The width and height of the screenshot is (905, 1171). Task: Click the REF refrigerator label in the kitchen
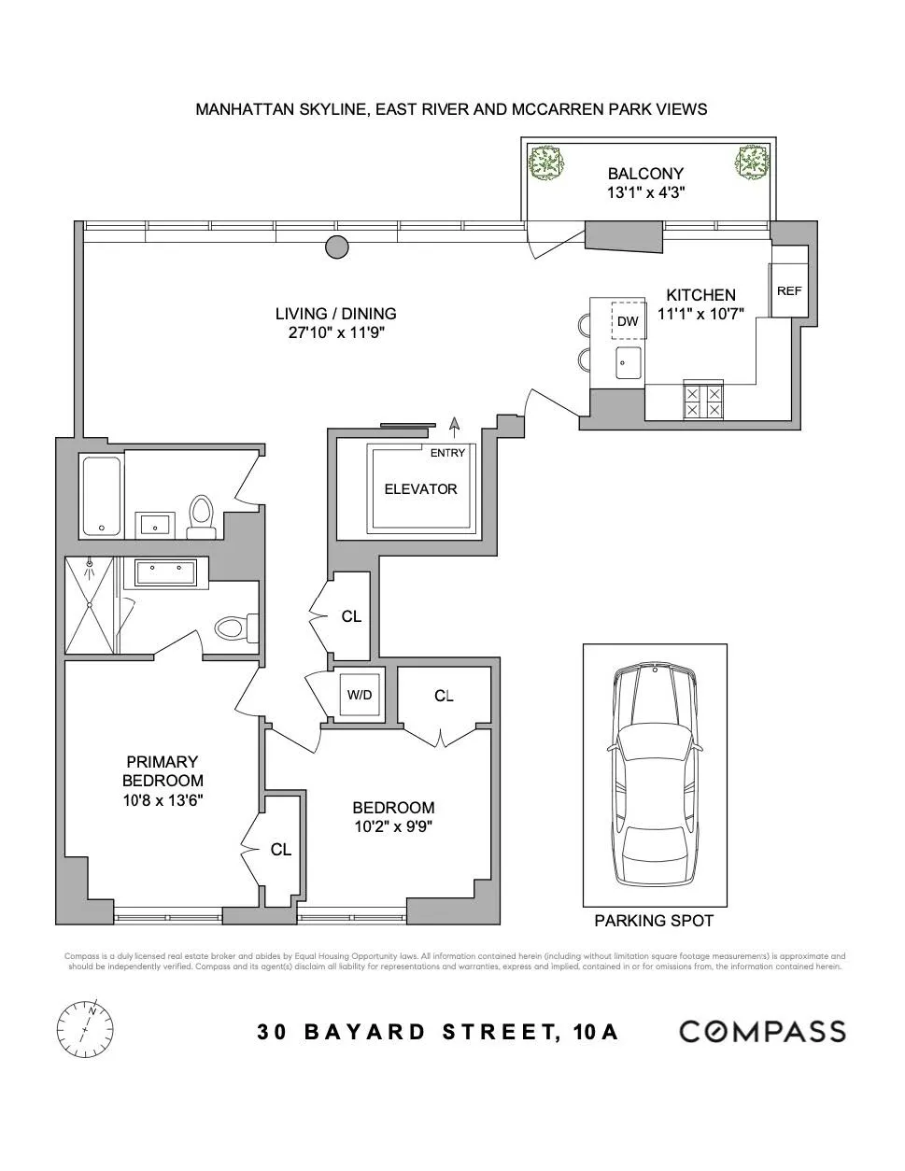tap(788, 291)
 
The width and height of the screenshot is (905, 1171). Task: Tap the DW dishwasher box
tap(628, 321)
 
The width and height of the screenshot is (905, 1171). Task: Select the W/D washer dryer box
tap(360, 695)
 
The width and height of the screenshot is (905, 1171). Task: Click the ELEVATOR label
tap(420, 489)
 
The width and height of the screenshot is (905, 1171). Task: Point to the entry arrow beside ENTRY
tap(455, 427)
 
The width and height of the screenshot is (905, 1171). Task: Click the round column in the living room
tap(336, 247)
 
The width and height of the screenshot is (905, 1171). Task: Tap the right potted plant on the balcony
tap(751, 163)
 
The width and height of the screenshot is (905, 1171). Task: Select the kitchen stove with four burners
tap(703, 401)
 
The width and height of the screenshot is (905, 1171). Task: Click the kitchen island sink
tap(628, 362)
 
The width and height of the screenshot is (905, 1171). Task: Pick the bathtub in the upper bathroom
tap(101, 496)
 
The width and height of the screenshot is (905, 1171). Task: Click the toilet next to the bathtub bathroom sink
tap(202, 516)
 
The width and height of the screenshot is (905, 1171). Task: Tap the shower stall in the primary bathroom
tap(91, 605)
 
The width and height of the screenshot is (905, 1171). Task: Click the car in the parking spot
tap(655, 774)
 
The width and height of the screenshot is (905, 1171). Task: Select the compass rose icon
tap(85, 1029)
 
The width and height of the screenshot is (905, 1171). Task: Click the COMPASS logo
tap(761, 1031)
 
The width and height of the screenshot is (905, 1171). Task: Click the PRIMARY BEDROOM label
tap(163, 771)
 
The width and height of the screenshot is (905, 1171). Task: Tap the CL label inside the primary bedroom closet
tap(280, 850)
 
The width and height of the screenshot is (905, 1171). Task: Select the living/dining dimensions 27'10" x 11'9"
tap(336, 332)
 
